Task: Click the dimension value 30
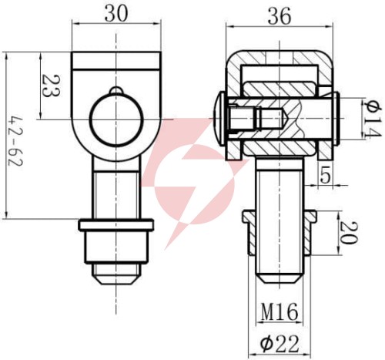tap(116, 14)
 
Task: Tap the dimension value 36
tap(280, 16)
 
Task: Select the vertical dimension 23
tap(51, 86)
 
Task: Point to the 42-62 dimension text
tap(15, 142)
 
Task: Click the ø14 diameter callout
tap(371, 119)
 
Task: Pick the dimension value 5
tap(325, 176)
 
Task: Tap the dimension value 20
tap(348, 233)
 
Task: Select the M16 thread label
tap(280, 311)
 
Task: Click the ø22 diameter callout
tap(280, 344)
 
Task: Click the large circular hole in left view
tap(115, 119)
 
